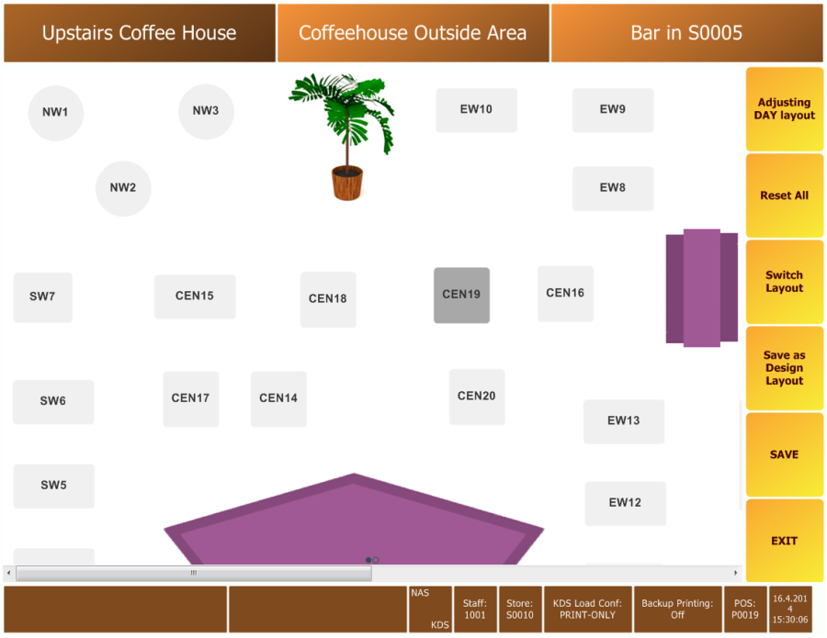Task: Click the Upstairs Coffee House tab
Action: pos(140,33)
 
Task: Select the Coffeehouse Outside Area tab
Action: pos(413,33)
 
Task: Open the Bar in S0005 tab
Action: pos(686,33)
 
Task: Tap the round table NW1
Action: pos(55,113)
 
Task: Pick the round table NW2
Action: pos(123,188)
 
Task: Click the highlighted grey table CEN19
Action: pos(461,295)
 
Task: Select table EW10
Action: pos(476,109)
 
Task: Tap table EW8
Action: pos(613,188)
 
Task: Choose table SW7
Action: pos(42,297)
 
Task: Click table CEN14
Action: pos(278,398)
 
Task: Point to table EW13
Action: pos(623,421)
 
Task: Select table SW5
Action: pos(54,486)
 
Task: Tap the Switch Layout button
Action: pos(785,282)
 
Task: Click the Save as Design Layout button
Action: pos(785,368)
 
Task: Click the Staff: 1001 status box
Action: pos(475,609)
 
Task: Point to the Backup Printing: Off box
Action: pos(677,609)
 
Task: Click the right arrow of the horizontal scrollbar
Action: pos(735,573)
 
